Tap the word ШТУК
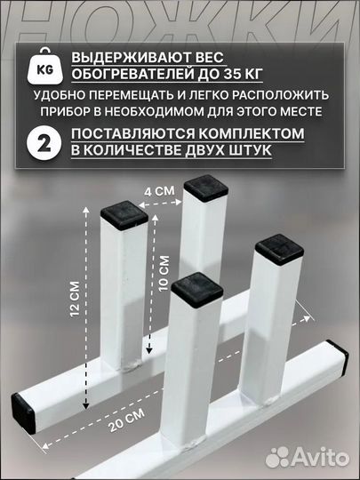point(256,151)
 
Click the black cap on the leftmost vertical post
point(122,211)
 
